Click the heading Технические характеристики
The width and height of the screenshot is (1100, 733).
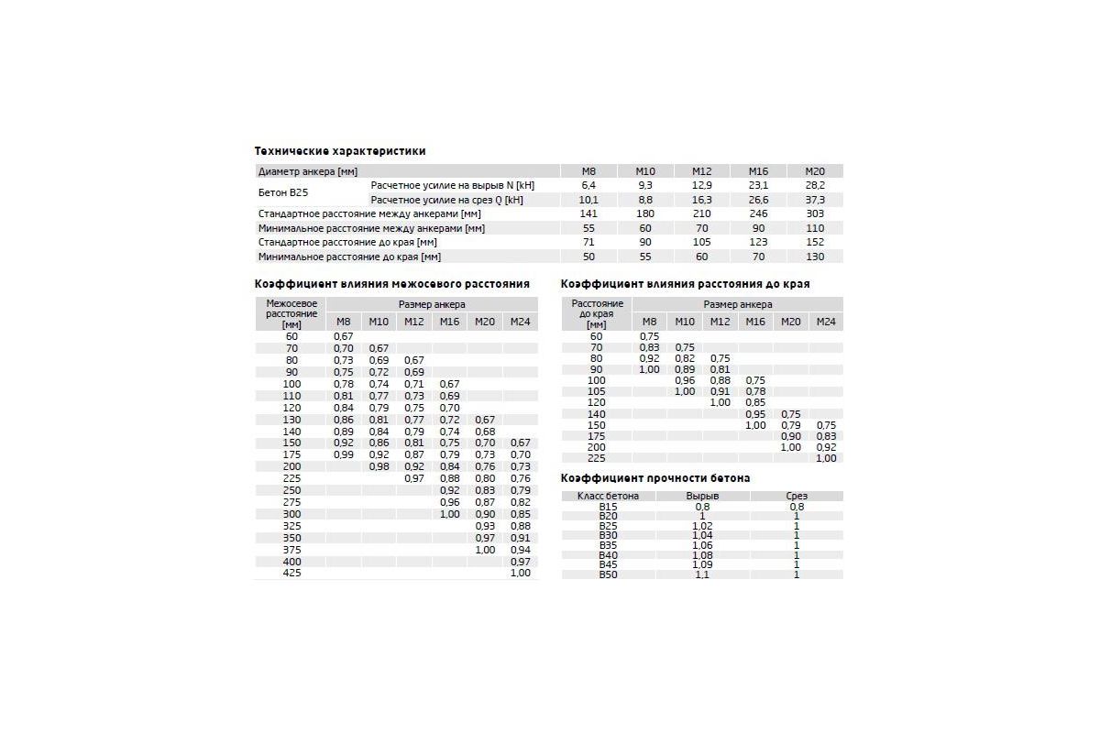point(339,151)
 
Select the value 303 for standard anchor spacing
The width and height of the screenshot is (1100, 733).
point(815,213)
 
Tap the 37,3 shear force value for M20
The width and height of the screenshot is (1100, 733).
point(815,200)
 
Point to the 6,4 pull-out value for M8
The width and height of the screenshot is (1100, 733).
point(588,185)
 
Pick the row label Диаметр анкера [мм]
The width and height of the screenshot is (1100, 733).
point(308,171)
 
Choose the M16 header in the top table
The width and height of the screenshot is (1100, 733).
point(758,171)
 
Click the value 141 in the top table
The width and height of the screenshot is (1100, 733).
point(588,213)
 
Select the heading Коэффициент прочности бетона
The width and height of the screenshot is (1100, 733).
point(655,478)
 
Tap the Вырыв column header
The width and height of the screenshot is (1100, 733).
point(703,496)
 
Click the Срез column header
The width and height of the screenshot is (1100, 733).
point(797,496)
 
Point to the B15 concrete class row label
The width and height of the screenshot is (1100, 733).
point(609,506)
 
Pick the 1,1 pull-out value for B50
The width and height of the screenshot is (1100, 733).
point(703,574)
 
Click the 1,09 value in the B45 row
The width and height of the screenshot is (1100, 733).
point(703,564)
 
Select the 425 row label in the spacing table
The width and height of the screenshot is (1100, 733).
point(291,573)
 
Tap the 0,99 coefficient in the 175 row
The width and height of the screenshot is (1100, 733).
point(344,454)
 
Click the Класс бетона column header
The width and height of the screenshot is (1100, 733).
point(609,496)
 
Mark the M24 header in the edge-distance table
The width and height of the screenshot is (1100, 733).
point(826,322)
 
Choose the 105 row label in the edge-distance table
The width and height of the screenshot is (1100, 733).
point(597,391)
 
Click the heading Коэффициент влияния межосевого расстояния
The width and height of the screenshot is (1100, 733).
point(392,284)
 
